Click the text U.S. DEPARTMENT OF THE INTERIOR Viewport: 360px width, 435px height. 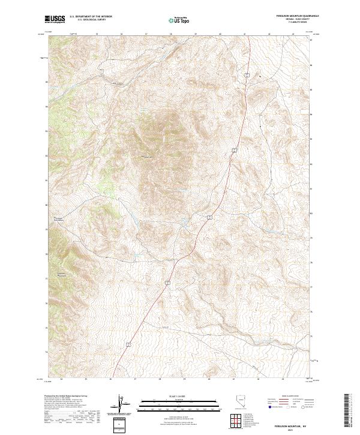click(x=91, y=17)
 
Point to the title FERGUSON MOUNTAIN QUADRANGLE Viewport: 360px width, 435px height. click(x=292, y=17)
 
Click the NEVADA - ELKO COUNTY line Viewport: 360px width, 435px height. click(x=292, y=20)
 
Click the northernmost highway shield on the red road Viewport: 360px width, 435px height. click(x=246, y=74)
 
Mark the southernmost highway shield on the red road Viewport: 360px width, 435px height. click(x=128, y=344)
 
